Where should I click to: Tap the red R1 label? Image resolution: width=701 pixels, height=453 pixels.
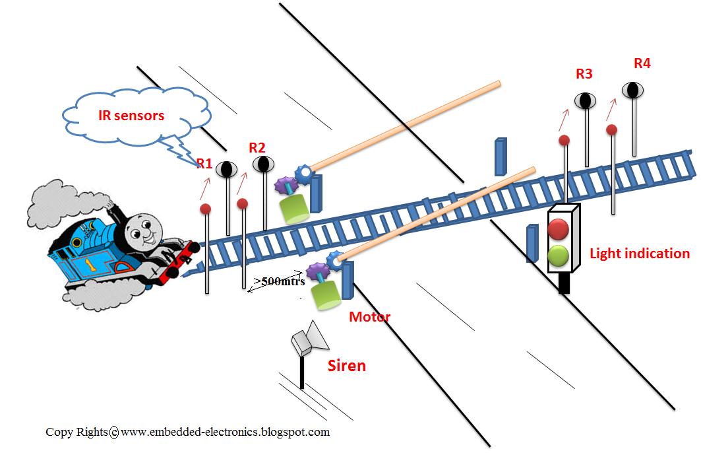pyautogui.click(x=204, y=162)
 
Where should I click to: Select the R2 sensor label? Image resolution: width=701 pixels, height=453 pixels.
pyautogui.click(x=257, y=147)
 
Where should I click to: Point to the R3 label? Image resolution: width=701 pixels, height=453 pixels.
pyautogui.click(x=584, y=74)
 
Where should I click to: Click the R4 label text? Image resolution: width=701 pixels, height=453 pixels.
pyautogui.click(x=642, y=63)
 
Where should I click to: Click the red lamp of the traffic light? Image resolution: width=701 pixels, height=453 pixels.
pyautogui.click(x=559, y=229)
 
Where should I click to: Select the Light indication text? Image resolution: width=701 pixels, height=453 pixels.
pyautogui.click(x=639, y=254)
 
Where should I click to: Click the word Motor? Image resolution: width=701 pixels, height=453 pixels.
pyautogui.click(x=369, y=317)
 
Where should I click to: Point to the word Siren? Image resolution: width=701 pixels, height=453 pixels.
pyautogui.click(x=347, y=366)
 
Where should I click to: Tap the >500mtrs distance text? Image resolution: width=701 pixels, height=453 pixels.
pyautogui.click(x=280, y=281)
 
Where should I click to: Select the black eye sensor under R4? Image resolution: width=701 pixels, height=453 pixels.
pyautogui.click(x=632, y=89)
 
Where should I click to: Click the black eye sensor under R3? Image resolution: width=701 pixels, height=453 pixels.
pyautogui.click(x=585, y=100)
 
